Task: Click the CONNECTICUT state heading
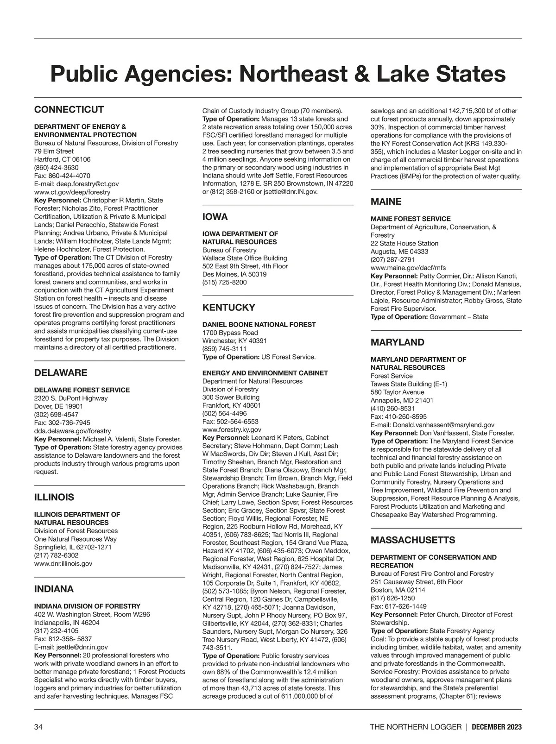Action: point(69,110)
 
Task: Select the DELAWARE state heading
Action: point(61,373)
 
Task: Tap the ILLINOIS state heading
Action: point(54,498)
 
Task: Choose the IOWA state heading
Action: point(215,217)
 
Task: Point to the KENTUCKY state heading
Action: point(229,308)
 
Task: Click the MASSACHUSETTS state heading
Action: point(413,540)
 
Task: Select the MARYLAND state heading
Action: point(398,342)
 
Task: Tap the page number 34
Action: point(38,727)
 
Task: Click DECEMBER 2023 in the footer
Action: point(497,727)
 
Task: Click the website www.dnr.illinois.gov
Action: point(63,563)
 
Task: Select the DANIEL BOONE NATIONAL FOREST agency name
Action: point(259,325)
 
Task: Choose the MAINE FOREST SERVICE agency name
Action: point(411,219)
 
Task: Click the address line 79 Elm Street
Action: point(54,151)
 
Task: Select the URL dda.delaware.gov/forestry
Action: point(73,431)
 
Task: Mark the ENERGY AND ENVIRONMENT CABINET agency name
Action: point(265,373)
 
